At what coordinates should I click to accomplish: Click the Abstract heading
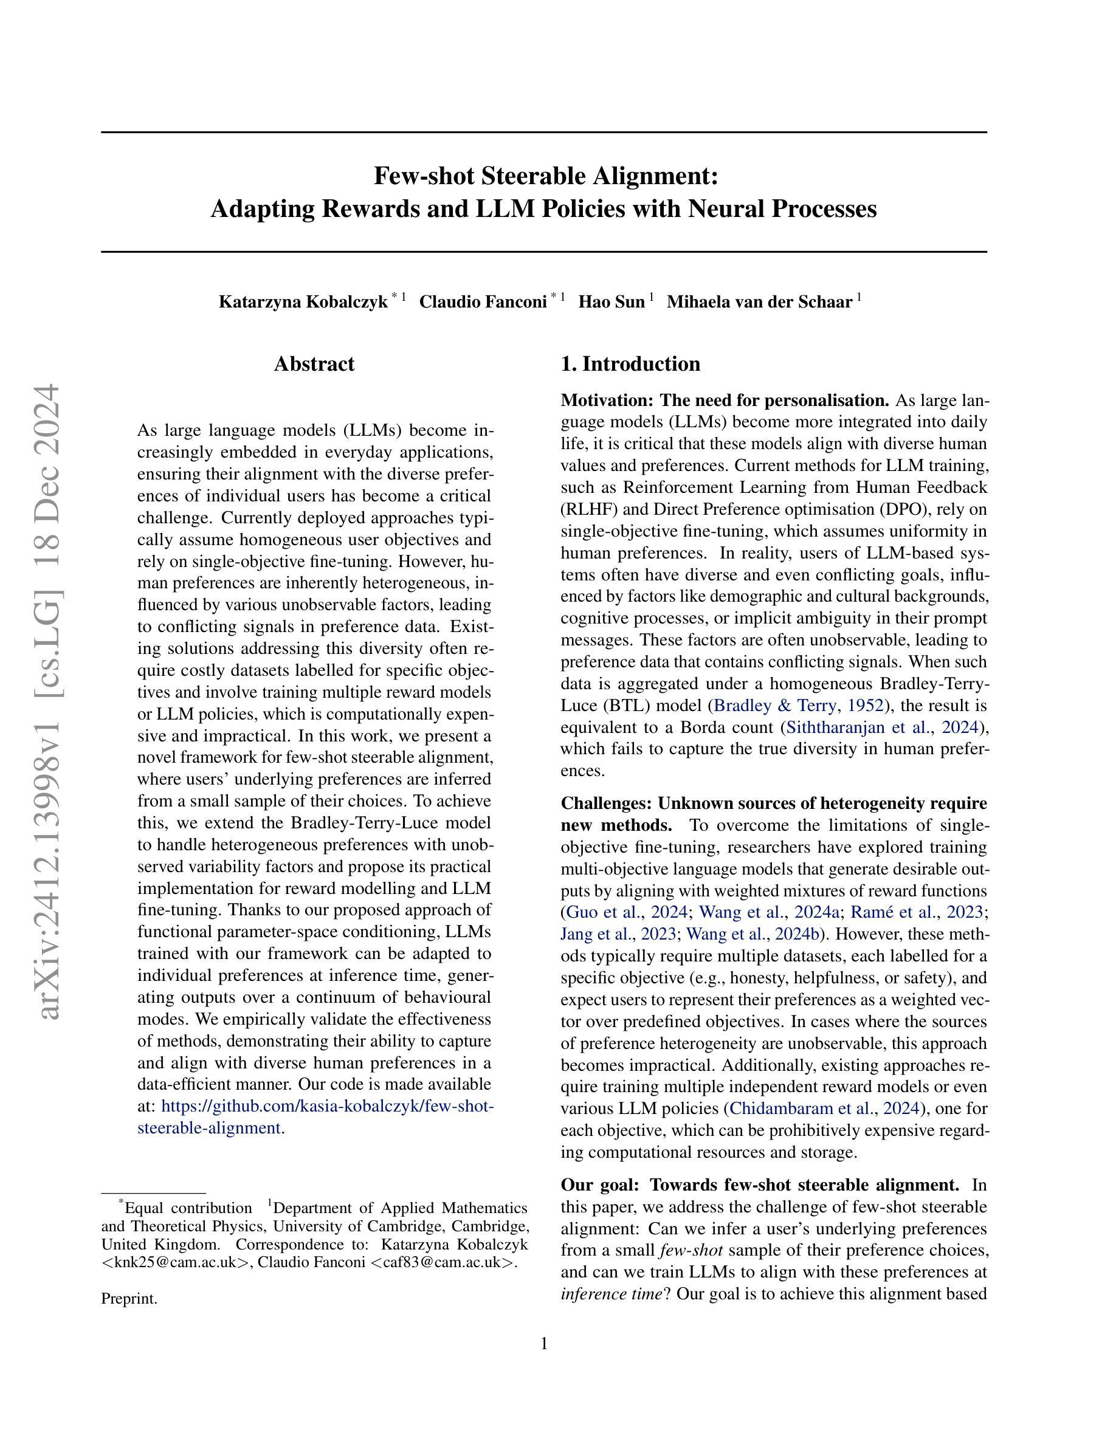click(x=314, y=363)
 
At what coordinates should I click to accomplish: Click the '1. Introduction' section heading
click(x=630, y=363)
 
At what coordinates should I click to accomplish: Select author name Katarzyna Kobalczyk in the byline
click(x=303, y=302)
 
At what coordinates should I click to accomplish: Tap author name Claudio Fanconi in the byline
click(x=483, y=302)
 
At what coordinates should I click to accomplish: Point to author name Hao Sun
click(x=611, y=302)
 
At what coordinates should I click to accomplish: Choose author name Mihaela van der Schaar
click(x=759, y=302)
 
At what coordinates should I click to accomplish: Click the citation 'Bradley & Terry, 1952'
click(x=799, y=706)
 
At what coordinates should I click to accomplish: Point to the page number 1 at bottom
click(x=544, y=1344)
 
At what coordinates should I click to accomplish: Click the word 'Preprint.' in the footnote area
click(x=129, y=1299)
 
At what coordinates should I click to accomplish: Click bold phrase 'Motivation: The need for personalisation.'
click(x=725, y=401)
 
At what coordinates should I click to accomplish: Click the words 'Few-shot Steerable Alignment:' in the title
click(x=545, y=176)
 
